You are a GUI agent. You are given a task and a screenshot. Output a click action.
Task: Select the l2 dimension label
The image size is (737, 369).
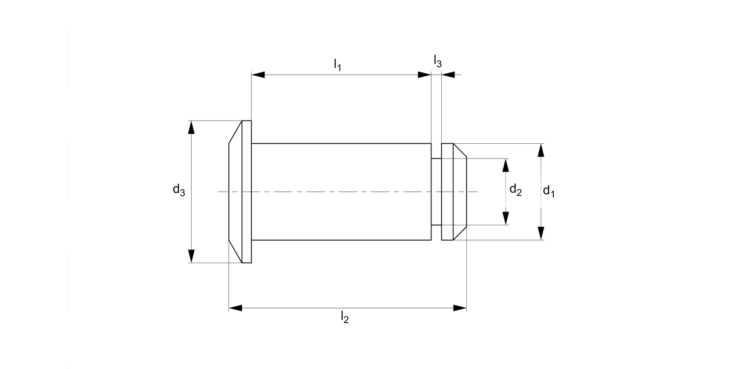344,318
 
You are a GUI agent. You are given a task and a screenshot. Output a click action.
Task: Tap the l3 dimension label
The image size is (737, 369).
437,61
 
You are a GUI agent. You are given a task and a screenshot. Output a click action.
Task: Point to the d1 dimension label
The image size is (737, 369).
548,191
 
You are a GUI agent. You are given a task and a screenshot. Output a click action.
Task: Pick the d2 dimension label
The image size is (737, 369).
515,189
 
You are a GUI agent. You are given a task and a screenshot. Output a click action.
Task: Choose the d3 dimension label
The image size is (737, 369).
178,189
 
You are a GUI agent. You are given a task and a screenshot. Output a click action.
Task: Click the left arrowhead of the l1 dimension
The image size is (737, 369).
258,75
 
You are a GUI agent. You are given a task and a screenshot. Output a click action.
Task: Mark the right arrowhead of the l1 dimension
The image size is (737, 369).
425,75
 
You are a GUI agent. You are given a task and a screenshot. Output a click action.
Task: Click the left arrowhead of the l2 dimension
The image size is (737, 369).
236,308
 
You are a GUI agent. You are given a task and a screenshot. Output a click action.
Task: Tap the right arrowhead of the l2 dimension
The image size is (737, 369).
459,308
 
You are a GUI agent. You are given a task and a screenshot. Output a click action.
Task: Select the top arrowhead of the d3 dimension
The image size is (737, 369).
191,127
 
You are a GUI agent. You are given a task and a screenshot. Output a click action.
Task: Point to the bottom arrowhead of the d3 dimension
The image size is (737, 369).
191,256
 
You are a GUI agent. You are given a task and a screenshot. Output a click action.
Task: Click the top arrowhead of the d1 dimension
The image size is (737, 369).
541,150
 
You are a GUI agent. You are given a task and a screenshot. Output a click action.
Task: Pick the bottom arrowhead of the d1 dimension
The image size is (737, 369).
541,233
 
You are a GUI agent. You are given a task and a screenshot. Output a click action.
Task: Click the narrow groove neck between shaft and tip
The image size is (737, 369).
436,191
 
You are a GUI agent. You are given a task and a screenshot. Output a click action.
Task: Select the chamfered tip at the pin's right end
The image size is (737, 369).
459,191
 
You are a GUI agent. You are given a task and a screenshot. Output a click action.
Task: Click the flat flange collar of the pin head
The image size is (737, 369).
247,191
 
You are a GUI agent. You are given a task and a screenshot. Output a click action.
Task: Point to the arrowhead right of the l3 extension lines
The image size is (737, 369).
448,75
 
